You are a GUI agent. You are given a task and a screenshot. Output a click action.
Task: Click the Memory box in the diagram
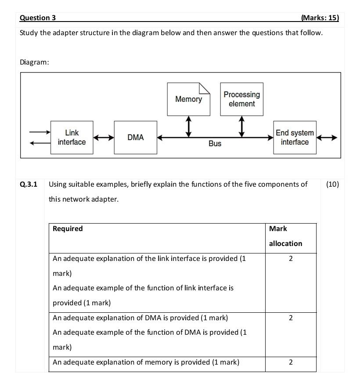188,99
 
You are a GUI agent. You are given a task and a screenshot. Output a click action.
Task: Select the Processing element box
241,99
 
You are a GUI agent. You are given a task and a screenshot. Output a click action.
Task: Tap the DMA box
135,137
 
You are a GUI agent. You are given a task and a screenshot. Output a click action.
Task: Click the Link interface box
72,137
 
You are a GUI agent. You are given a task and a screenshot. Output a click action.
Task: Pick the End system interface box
295,137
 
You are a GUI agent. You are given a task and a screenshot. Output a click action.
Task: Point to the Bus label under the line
215,144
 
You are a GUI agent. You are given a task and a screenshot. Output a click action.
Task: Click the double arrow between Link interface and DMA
103,137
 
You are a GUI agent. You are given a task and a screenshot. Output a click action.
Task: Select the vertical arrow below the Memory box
189,127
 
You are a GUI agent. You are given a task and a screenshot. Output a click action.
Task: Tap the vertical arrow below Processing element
241,127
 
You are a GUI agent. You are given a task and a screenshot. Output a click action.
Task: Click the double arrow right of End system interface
327,137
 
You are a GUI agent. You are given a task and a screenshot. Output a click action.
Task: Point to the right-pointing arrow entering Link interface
40,132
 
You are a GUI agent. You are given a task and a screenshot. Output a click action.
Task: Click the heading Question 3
38,18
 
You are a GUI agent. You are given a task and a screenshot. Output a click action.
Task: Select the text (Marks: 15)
320,18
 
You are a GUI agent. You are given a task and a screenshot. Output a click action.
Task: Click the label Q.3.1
29,184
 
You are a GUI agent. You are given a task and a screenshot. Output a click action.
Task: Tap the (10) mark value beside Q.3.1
332,184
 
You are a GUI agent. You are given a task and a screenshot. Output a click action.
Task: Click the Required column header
68,229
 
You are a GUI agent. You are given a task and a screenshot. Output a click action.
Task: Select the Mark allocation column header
285,236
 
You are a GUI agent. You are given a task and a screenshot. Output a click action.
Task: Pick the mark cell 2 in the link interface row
290,259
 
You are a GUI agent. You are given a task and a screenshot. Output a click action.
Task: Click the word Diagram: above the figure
34,62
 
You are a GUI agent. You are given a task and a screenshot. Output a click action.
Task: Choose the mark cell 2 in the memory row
290,362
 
